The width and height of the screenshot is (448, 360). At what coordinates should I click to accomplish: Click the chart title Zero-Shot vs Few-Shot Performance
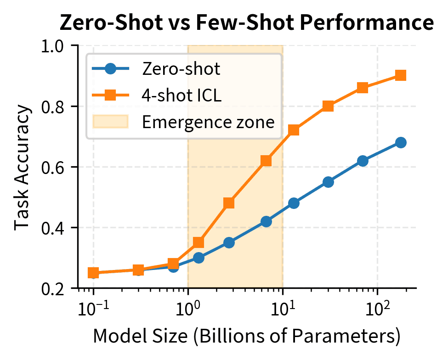click(247, 23)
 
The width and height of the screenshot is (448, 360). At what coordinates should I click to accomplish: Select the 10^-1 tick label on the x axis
click(93, 306)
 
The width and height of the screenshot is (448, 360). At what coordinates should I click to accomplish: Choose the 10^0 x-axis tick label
click(188, 306)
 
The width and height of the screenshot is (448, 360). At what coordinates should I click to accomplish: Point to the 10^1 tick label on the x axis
click(283, 306)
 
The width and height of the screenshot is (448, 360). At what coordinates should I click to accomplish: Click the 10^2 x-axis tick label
click(377, 306)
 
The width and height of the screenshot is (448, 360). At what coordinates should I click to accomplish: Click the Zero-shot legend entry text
click(181, 69)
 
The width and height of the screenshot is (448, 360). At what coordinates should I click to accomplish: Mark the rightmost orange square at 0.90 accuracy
click(401, 75)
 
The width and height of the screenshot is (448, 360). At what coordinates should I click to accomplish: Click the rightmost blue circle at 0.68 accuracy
click(401, 142)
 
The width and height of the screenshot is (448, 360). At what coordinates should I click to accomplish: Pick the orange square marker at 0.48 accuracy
click(229, 203)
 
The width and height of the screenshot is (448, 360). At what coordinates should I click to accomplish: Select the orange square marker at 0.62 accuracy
click(266, 161)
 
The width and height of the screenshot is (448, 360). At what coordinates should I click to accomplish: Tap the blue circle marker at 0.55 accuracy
click(328, 182)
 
